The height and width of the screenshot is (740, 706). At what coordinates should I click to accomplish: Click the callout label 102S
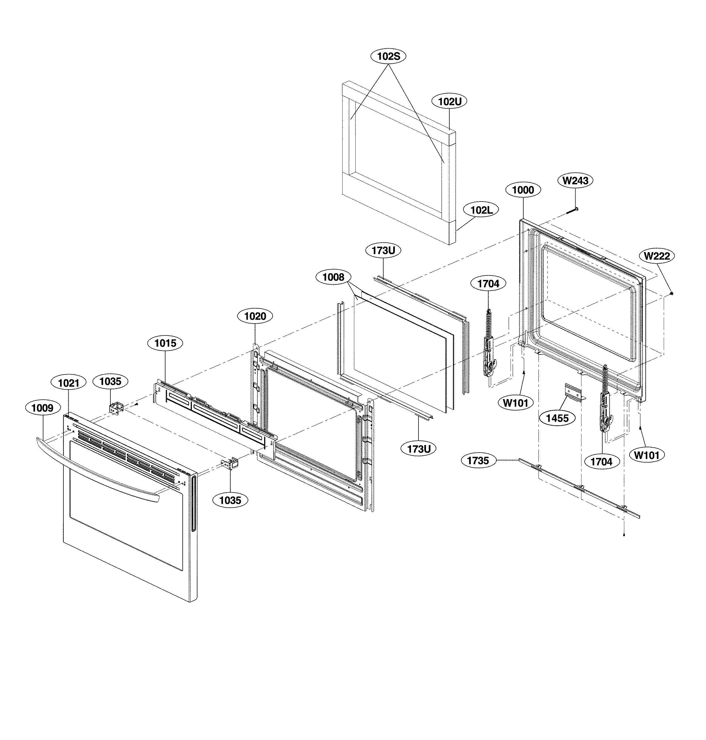point(388,56)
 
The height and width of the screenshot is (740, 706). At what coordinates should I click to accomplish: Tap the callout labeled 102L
point(481,210)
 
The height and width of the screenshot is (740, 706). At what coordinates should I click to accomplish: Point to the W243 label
point(575,181)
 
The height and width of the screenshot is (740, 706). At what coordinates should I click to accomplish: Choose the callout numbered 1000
point(523,190)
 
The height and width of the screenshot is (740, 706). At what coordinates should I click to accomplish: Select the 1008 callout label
point(333,277)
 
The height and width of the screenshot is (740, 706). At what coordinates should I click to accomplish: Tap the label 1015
point(165,343)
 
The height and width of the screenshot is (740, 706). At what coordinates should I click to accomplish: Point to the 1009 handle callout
point(42,408)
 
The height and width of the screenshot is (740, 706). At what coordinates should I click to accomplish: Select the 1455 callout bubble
point(557,418)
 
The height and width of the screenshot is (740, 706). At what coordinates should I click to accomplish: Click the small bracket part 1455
point(574,393)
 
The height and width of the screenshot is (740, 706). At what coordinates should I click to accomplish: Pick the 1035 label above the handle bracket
point(110,381)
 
